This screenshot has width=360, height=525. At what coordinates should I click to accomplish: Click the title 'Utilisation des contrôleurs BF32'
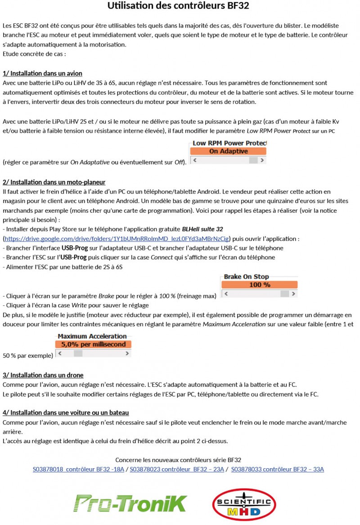(x=178, y=6)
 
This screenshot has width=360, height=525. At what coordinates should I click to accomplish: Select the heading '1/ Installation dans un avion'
(x=42, y=73)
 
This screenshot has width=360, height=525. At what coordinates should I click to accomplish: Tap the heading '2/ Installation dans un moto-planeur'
(x=54, y=182)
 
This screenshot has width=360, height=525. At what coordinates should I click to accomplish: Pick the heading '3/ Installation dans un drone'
(x=43, y=375)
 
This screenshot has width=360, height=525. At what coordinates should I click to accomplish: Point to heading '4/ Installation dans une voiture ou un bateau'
(x=66, y=413)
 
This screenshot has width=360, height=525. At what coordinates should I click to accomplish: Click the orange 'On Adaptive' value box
(x=228, y=151)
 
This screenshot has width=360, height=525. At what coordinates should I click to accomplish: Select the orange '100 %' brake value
(x=260, y=285)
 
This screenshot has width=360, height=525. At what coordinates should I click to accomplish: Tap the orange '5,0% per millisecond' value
(x=93, y=344)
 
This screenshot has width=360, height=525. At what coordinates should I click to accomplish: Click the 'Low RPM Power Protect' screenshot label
(x=229, y=144)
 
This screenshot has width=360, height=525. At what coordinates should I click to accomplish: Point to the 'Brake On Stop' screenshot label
(x=246, y=277)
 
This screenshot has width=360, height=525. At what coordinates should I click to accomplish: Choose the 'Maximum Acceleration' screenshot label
(x=92, y=336)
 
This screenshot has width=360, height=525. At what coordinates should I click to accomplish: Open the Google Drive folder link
(x=117, y=238)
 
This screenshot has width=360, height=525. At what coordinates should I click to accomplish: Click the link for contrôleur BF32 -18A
(x=78, y=469)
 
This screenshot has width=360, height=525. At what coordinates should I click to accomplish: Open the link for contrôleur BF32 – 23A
(x=177, y=469)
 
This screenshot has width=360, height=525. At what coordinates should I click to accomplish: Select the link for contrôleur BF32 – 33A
(x=277, y=469)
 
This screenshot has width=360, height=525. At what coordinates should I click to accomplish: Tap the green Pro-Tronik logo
(x=130, y=503)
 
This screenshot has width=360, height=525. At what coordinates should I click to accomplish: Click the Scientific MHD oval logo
(x=244, y=504)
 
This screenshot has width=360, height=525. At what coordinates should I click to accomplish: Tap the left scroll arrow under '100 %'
(x=226, y=294)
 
